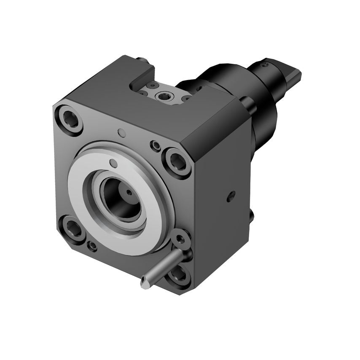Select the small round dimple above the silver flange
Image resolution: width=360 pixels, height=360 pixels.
tap(122, 133)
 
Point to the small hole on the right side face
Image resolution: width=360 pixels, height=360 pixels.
tap(231, 195)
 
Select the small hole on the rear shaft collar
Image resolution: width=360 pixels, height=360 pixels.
tap(265, 65)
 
